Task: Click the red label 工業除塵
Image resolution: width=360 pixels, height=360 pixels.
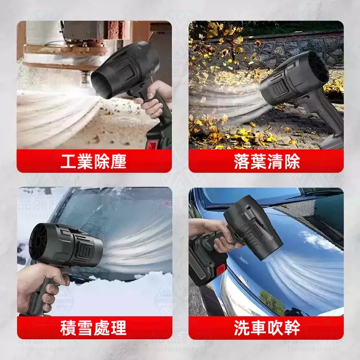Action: [94, 161]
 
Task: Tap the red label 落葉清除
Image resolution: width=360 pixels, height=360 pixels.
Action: [266, 161]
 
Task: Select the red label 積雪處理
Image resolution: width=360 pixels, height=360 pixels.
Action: [94, 327]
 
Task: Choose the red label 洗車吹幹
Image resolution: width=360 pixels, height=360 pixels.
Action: [266, 327]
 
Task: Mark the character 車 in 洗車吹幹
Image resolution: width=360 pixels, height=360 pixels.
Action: [258, 327]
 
